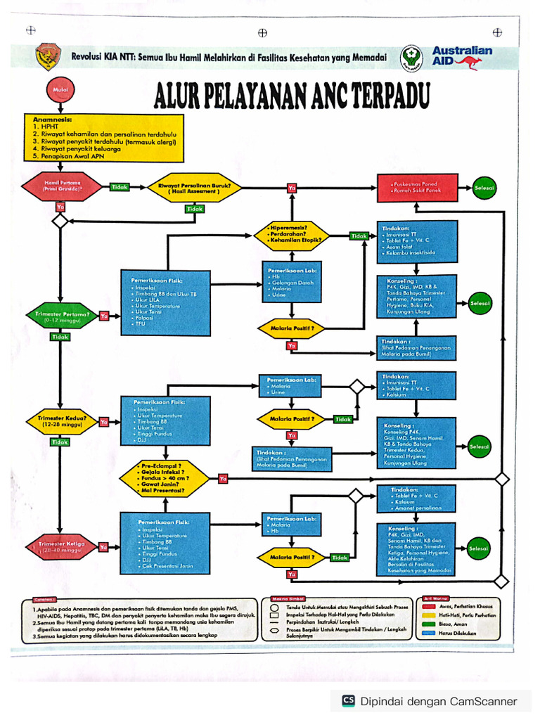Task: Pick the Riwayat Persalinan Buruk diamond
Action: tap(195, 188)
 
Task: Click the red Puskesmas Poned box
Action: tap(418, 187)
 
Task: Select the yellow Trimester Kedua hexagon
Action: tap(61, 421)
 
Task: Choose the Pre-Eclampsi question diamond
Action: tap(163, 479)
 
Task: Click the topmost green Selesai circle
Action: tap(484, 188)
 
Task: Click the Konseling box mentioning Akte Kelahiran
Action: tap(418, 549)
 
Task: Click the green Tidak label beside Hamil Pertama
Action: tap(120, 187)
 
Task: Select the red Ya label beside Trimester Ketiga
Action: tap(103, 546)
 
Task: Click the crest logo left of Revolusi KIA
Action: tap(48, 56)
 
